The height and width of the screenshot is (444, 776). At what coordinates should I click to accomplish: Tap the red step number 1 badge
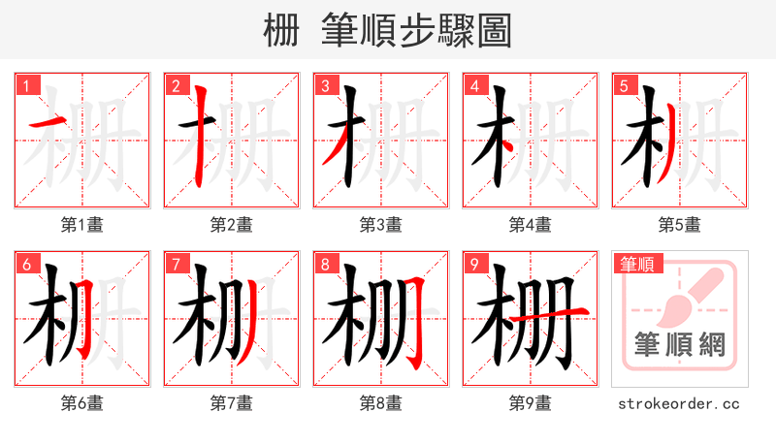pos(26,86)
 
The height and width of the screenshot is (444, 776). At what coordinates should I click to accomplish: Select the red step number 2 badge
pos(176,86)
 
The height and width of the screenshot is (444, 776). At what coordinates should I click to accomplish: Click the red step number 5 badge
pos(624,86)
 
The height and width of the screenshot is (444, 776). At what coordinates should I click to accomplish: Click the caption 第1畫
pos(82,225)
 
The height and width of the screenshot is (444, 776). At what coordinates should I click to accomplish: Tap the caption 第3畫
pos(380,225)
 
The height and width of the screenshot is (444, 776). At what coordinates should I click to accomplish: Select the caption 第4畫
pos(530,225)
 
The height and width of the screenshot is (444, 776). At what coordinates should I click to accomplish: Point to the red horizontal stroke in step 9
pos(548,313)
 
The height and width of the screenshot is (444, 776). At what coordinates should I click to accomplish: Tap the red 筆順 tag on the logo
pos(636,264)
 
